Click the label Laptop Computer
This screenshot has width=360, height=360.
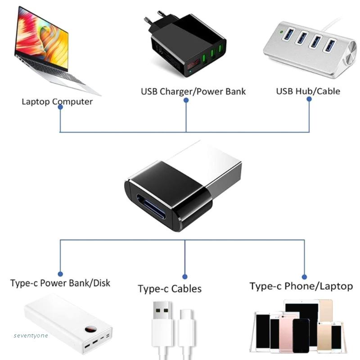(x=57, y=101)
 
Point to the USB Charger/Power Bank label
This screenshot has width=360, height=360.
(x=193, y=91)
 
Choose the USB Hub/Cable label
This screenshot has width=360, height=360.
(x=308, y=91)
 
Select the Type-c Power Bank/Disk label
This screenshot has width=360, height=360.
(x=60, y=283)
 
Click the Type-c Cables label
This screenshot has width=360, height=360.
(x=170, y=288)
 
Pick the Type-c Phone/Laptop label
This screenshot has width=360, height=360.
(x=301, y=286)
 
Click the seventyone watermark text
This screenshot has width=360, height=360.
(x=31, y=335)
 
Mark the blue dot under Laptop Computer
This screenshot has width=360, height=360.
(x=60, y=107)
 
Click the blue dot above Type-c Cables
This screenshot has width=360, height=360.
(x=185, y=277)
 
